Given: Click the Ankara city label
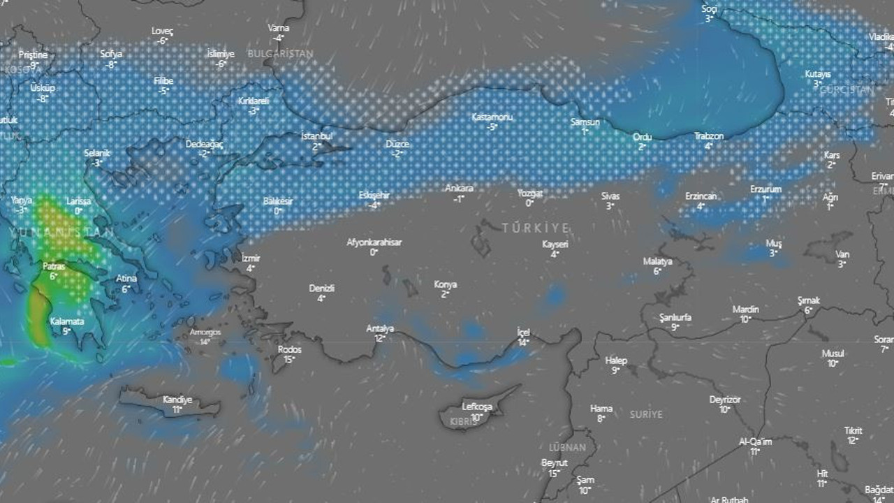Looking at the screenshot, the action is click(459, 188).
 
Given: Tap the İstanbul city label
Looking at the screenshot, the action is click(316, 136).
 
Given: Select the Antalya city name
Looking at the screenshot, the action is click(380, 328).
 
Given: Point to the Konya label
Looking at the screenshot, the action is click(445, 284).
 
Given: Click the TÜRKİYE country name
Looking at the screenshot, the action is click(535, 228).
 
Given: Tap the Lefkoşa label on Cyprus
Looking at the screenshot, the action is click(477, 407).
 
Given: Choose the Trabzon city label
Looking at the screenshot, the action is click(708, 136).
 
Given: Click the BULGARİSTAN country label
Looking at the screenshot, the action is click(280, 53).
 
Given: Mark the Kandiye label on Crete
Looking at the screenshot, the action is click(177, 400).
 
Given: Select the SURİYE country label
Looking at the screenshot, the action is click(645, 414).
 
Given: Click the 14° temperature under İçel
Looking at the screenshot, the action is click(523, 342).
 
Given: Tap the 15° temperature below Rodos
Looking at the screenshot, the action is click(289, 359).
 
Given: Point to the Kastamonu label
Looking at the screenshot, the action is click(492, 117).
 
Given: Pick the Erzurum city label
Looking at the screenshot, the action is click(765, 189).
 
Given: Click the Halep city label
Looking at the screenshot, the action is click(616, 360).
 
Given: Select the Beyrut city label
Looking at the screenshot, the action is click(554, 463).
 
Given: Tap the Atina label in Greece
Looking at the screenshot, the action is click(126, 279).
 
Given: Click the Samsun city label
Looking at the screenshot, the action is click(585, 122).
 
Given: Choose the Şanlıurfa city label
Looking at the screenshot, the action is click(675, 317).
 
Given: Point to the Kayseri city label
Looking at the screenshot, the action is click(555, 245).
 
